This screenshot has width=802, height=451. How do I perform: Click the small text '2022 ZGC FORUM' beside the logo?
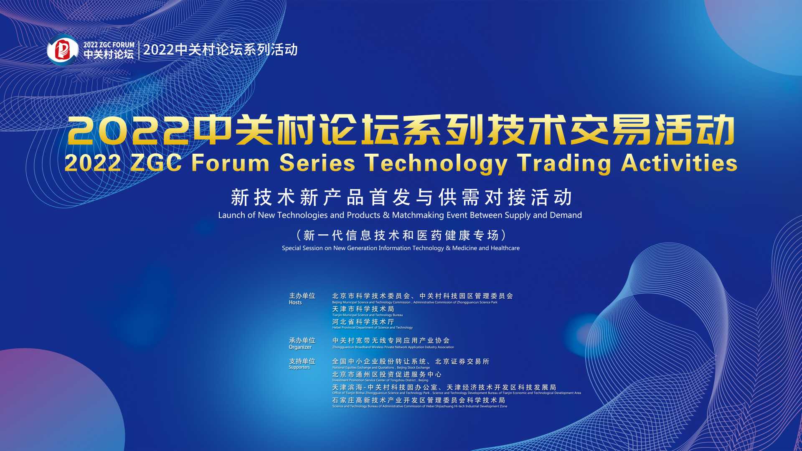[109, 45]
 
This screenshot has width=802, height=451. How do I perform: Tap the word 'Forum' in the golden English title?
[230, 163]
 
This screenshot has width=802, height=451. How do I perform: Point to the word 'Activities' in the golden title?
[679, 163]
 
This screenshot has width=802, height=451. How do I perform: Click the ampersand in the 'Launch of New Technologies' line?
[386, 215]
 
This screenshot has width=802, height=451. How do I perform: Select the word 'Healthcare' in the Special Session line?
[505, 248]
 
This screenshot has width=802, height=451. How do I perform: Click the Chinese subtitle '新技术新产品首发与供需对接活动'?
[401, 198]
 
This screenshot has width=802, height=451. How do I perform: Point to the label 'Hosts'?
[295, 303]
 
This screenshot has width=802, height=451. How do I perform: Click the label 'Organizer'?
[300, 347]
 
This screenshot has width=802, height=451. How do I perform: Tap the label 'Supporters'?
[299, 367]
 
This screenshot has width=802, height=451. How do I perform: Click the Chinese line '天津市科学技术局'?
[363, 309]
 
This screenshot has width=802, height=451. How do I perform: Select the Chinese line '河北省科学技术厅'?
[363, 322]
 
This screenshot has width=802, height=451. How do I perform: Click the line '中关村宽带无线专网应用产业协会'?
[391, 341]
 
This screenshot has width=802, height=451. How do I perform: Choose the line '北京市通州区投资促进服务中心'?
[386, 375]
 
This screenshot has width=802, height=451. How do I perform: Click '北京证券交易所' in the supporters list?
[462, 362]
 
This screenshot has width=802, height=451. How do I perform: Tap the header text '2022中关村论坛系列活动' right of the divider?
[220, 50]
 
